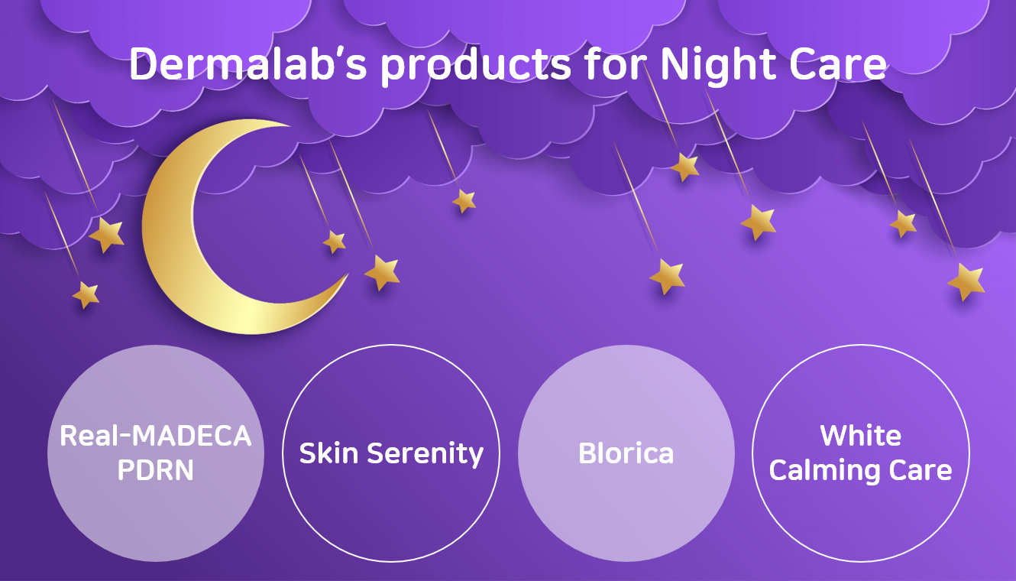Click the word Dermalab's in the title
(x=248, y=63)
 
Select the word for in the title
(x=615, y=63)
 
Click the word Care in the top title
(x=837, y=64)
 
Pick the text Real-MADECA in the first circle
(x=155, y=436)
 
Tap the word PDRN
(x=155, y=470)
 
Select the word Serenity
(x=425, y=454)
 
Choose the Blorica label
(x=626, y=453)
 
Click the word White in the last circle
(x=860, y=436)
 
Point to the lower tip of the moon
(x=347, y=274)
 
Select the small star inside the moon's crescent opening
(x=335, y=242)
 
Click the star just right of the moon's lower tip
(x=382, y=272)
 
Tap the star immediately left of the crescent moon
(x=106, y=234)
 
